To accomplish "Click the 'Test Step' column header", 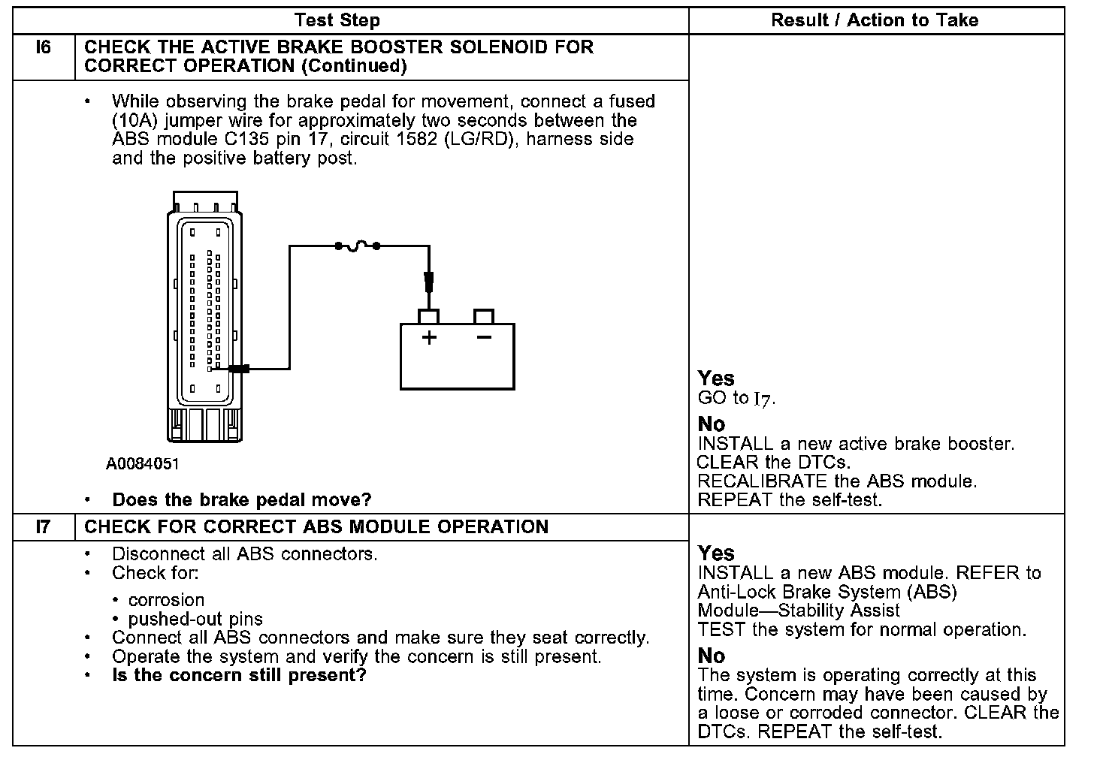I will (337, 20).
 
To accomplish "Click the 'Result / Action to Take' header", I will (875, 20).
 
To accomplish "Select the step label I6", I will (44, 48).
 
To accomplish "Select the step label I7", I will (44, 526).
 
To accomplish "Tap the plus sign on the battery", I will (429, 337).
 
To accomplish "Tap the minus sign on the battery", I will (484, 337).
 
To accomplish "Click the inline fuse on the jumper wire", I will (358, 245).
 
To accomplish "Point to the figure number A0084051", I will (143, 464).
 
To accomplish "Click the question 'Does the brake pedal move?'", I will (241, 499).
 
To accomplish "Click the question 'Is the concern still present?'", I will (238, 675).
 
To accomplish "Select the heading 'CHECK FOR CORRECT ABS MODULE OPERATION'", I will (316, 526).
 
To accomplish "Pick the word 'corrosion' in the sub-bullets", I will (166, 600).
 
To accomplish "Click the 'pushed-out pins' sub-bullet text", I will (195, 620).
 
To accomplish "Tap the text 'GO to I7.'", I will (736, 399).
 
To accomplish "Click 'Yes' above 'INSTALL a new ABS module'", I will (715, 553).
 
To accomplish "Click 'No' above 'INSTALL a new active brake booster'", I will (711, 424).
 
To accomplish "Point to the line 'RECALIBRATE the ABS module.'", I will (837, 481).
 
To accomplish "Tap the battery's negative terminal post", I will (484, 316).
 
